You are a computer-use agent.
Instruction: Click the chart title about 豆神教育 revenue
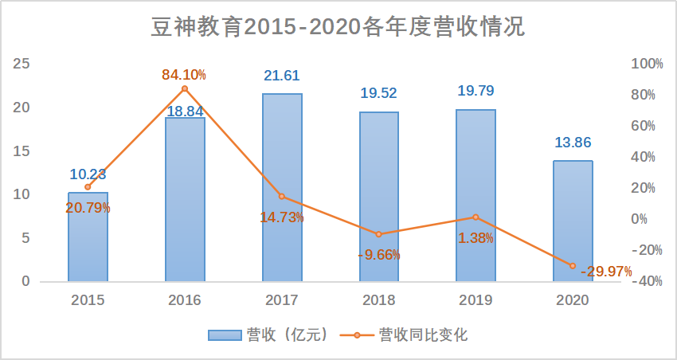click(338, 27)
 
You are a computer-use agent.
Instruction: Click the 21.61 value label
click(282, 76)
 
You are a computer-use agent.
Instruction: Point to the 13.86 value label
click(573, 143)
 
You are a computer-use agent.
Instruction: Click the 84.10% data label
click(184, 75)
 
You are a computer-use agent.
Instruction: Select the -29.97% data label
click(606, 272)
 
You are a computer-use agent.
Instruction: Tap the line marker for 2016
click(185, 88)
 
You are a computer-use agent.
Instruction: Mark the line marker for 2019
click(475, 217)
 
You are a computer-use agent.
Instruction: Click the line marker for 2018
click(378, 234)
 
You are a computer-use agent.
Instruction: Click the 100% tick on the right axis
click(647, 64)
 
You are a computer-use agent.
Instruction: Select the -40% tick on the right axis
click(647, 281)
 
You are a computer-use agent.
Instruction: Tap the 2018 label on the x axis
click(378, 300)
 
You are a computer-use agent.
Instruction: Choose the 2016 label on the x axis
click(185, 300)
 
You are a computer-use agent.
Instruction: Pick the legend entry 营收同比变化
click(406, 335)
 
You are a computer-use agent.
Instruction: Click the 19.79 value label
click(475, 91)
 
